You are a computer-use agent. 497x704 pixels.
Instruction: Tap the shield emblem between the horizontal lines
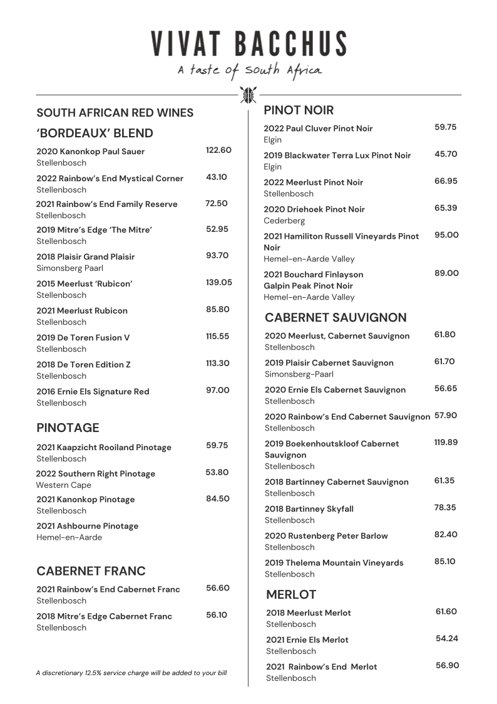(x=248, y=95)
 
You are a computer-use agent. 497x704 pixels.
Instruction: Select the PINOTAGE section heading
(x=68, y=428)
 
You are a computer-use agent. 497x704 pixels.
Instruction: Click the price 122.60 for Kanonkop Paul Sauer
(x=218, y=150)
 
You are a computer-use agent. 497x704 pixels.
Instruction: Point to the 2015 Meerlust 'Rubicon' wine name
(x=85, y=283)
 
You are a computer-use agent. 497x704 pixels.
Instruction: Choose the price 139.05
(x=219, y=283)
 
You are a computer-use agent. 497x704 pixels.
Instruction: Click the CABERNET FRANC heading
(x=91, y=571)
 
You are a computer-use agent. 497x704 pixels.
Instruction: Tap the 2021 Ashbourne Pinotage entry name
(x=87, y=526)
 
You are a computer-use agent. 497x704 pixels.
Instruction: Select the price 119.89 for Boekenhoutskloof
(x=446, y=443)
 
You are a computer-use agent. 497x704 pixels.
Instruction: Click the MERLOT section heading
(x=291, y=594)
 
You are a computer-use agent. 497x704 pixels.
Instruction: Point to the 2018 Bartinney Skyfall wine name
(x=309, y=509)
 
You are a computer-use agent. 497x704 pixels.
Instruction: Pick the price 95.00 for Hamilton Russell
(x=446, y=235)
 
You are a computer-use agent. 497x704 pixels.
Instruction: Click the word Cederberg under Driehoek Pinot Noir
(x=284, y=221)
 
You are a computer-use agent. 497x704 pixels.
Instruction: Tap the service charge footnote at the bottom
(x=131, y=673)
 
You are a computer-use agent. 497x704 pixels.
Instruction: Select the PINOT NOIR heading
(x=299, y=110)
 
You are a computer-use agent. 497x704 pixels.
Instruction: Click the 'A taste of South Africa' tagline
(x=249, y=70)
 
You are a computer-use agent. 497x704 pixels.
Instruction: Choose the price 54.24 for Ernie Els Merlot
(x=447, y=639)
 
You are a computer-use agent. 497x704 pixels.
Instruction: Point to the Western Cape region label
(x=63, y=485)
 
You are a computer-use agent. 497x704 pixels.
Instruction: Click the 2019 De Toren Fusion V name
(x=83, y=337)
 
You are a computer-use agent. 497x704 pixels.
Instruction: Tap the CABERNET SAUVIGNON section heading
(x=336, y=318)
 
